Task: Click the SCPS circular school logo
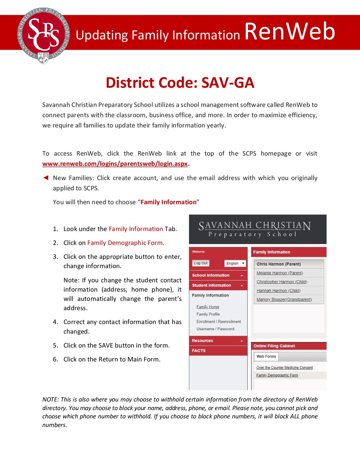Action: tap(43, 35)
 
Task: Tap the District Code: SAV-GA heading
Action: tap(180, 83)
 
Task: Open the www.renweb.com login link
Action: tap(115, 164)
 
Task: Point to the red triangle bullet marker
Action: tap(46, 178)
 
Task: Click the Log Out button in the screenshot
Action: tap(201, 263)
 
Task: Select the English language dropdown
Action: tap(235, 263)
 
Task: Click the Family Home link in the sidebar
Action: tap(208, 307)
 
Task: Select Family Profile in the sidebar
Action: tap(208, 314)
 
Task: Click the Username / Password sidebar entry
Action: tap(215, 329)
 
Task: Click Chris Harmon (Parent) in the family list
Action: tap(279, 264)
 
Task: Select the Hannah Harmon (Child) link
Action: tap(278, 291)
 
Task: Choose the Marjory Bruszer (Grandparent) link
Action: tap(284, 300)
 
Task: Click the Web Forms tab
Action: tap(266, 356)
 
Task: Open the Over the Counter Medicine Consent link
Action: tap(285, 368)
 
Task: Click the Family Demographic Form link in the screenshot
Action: tap(277, 375)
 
